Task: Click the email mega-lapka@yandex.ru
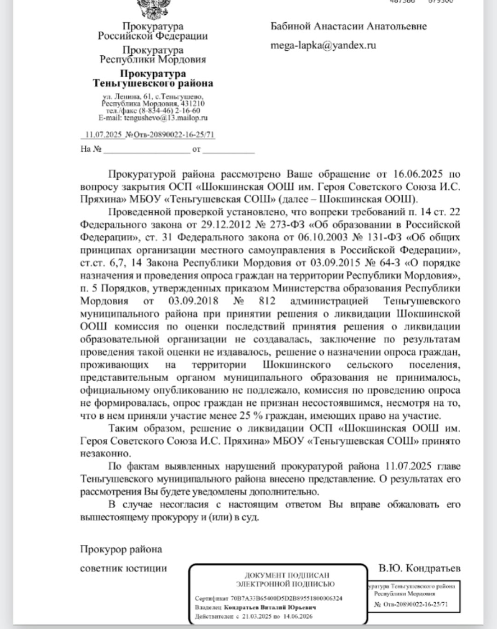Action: (323, 45)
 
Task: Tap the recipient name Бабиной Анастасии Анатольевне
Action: (348, 26)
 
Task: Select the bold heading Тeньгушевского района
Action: (153, 83)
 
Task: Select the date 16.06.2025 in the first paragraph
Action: (418, 174)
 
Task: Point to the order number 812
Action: (267, 301)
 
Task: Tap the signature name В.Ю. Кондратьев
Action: (419, 568)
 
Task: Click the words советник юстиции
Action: (123, 568)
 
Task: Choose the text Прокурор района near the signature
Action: (121, 549)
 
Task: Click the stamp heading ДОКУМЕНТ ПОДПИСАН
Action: (287, 575)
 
